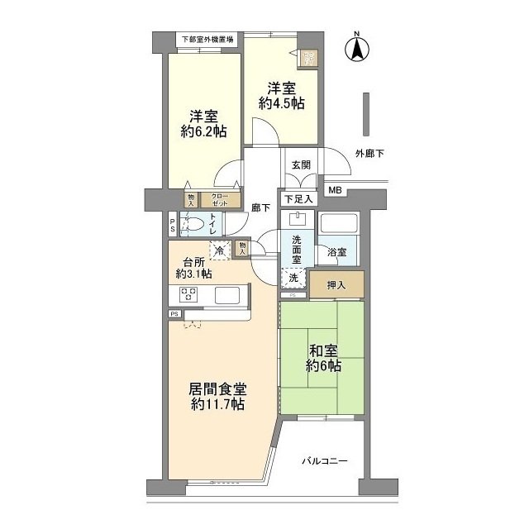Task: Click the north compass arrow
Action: coord(357,50)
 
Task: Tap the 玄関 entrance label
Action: coord(299,165)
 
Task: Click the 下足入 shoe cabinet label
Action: coord(298,198)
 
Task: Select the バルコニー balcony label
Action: coord(323,460)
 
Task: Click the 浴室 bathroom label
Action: coord(336,251)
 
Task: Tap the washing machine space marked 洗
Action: coord(293,279)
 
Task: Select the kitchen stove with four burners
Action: coord(188,295)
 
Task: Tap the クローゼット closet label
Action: coord(221,199)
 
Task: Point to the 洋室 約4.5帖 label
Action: coord(281,96)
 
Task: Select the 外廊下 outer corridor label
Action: coord(369,153)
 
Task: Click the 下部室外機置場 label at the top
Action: coord(207,40)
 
